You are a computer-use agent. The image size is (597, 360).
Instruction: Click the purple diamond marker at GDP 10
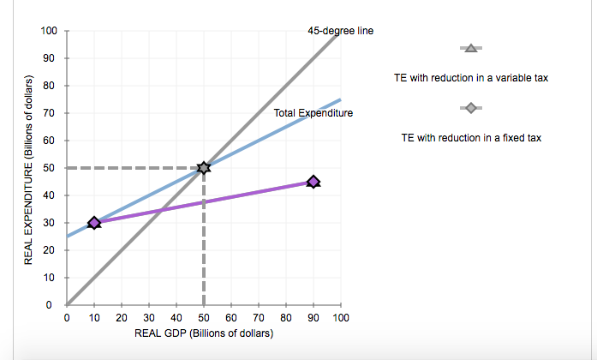94,223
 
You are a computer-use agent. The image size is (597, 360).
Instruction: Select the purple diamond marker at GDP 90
313,182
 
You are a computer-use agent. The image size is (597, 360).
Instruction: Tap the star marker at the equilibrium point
204,168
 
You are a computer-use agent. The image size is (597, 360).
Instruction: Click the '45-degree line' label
340,31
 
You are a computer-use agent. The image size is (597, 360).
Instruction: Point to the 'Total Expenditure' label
313,113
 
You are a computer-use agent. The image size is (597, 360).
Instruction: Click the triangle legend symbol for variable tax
470,48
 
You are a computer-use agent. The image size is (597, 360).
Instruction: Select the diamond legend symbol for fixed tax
470,108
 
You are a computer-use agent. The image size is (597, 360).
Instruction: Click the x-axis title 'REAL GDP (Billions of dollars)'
204,333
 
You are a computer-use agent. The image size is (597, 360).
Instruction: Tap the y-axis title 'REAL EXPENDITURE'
30,171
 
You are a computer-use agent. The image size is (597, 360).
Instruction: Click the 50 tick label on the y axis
51,168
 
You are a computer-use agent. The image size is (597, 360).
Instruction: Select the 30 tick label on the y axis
51,223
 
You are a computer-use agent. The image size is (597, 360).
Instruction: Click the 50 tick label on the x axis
204,318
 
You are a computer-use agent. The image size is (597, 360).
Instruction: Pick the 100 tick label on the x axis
340,318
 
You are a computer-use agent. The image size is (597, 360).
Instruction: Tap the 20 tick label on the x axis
122,318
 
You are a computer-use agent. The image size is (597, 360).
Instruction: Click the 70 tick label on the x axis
259,318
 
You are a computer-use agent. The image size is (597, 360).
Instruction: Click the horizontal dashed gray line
128,168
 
